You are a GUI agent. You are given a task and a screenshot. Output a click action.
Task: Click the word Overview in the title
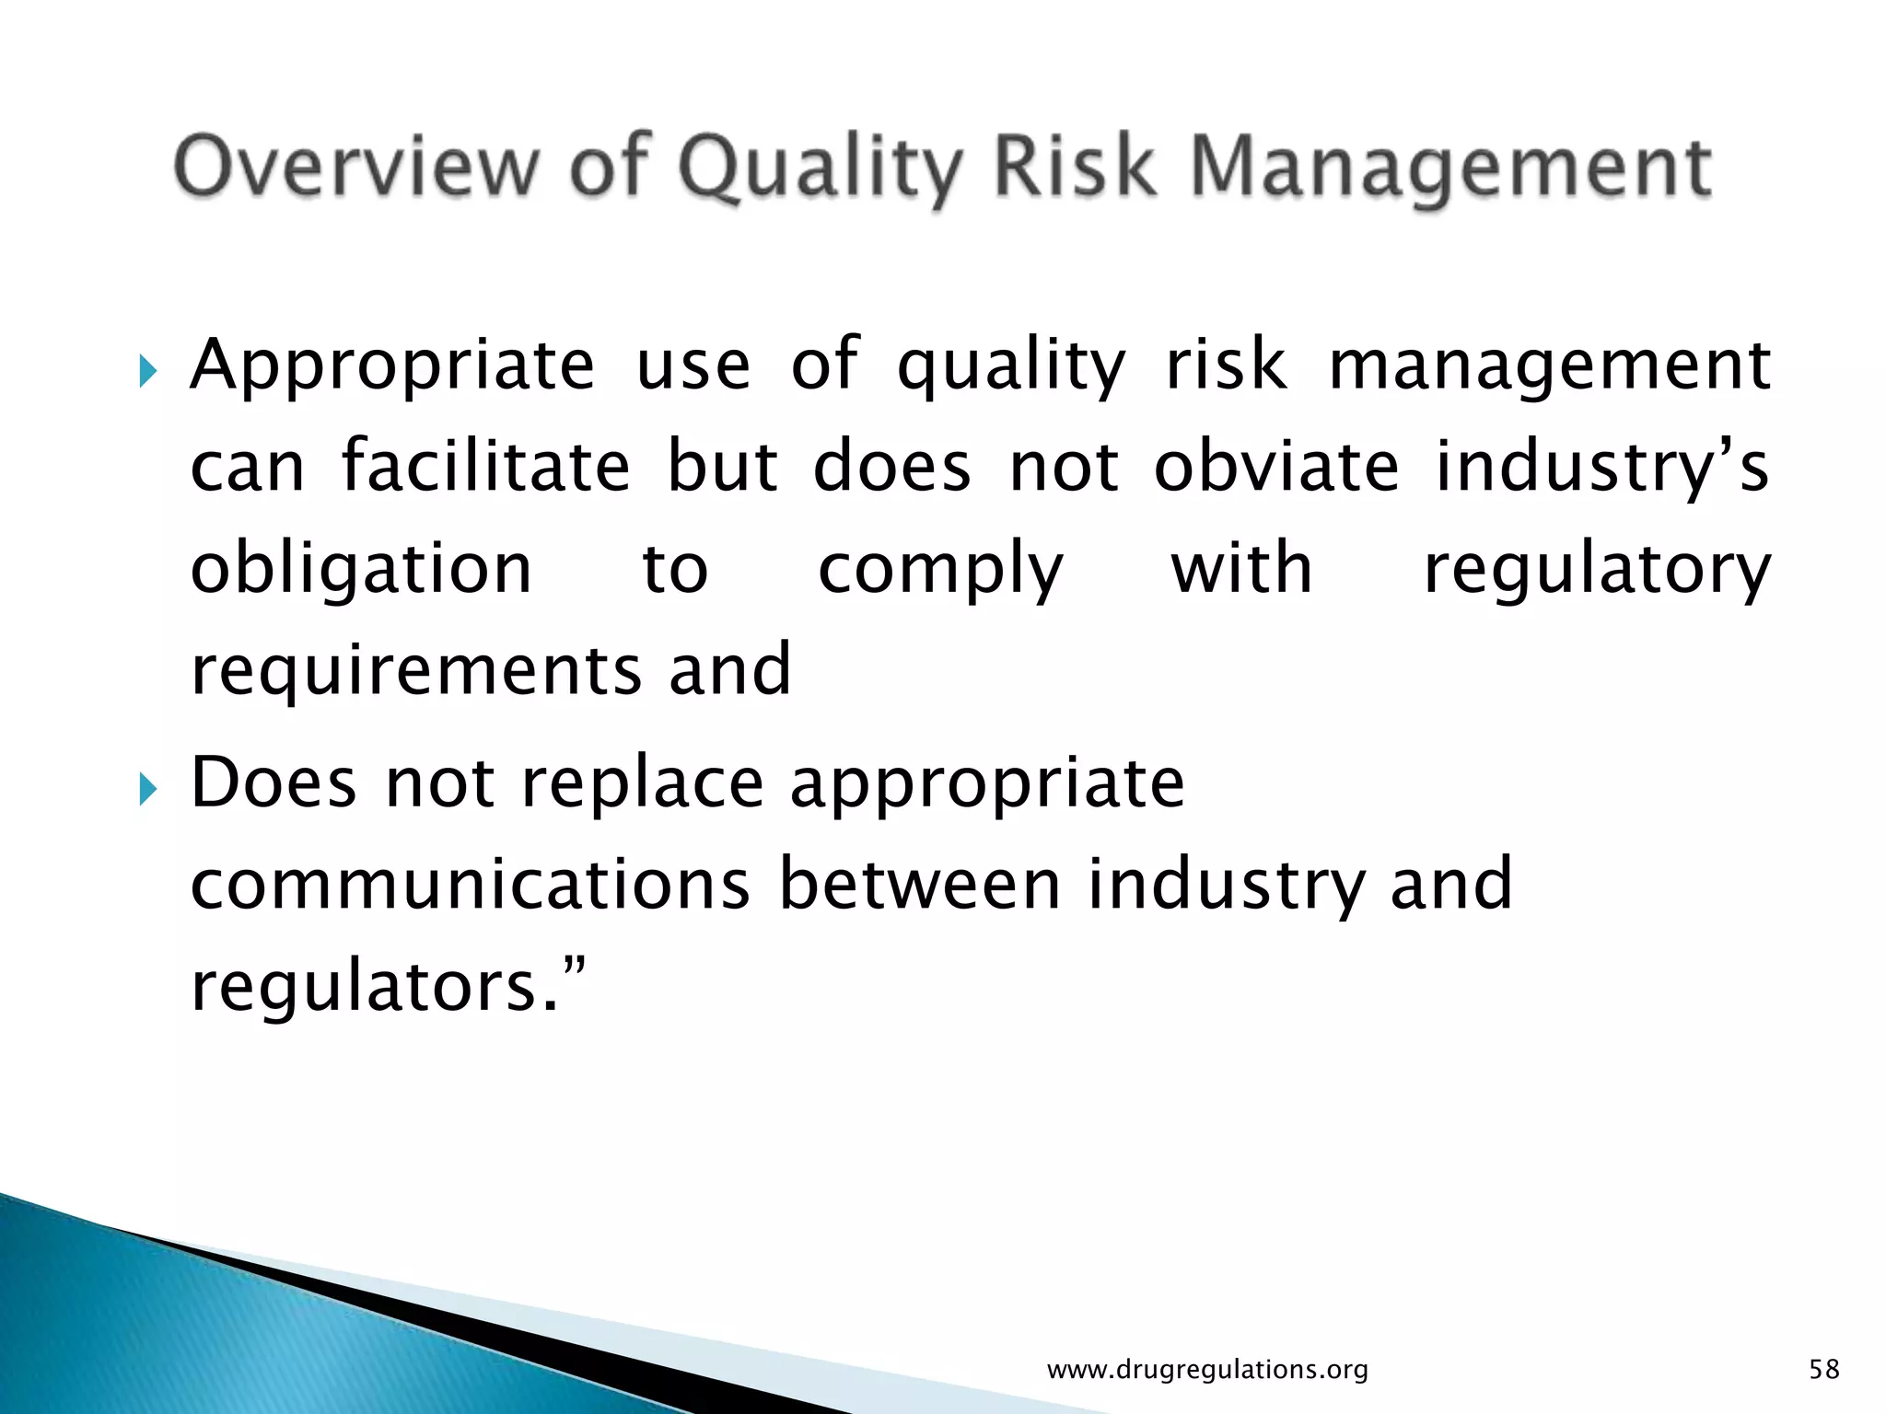tap(355, 167)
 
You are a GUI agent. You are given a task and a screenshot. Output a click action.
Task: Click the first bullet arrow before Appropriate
tap(147, 374)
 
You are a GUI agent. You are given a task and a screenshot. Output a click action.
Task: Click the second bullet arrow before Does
tap(147, 790)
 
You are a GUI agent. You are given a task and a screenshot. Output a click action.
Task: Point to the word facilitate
tap(485, 465)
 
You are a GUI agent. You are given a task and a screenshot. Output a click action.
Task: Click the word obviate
tap(1276, 465)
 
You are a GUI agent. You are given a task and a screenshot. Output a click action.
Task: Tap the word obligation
tap(361, 569)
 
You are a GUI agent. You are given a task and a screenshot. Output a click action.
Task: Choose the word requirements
tap(415, 670)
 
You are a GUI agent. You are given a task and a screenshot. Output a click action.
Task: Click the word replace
tap(642, 784)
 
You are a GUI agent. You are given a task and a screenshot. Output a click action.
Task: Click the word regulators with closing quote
tap(387, 987)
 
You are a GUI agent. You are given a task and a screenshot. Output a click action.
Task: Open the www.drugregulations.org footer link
tap(1207, 1369)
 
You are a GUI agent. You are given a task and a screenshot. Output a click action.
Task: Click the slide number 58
tap(1823, 1369)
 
